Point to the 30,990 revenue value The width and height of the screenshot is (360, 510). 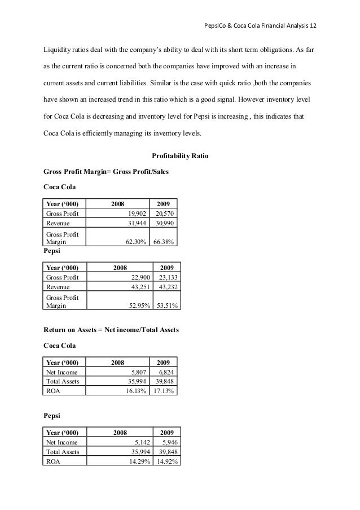(164, 223)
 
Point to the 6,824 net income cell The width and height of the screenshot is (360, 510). (165, 372)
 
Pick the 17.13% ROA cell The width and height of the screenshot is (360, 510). (164, 390)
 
